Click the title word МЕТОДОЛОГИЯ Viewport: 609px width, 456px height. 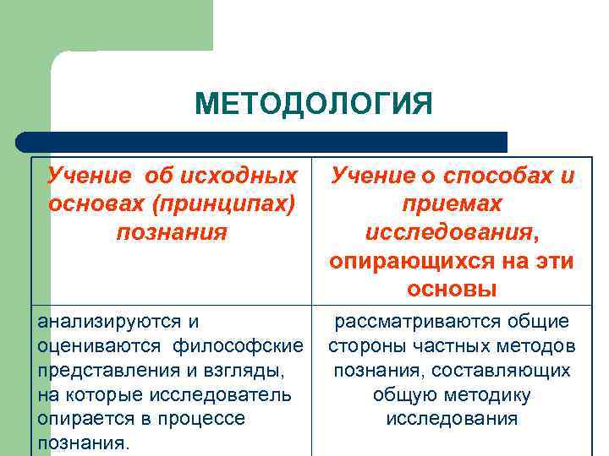313,105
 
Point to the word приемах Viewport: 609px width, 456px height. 452,204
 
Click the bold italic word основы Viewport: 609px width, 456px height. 452,289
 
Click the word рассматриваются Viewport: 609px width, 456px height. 405,322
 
